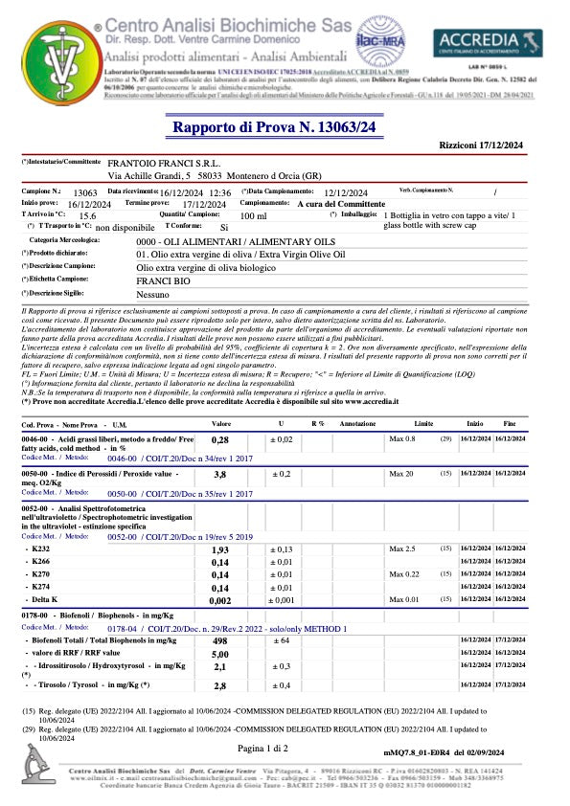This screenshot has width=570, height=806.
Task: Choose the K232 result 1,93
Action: pyautogui.click(x=219, y=550)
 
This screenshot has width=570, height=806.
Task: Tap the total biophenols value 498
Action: pyautogui.click(x=219, y=639)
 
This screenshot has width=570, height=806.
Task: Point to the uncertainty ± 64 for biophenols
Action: pyautogui.click(x=281, y=639)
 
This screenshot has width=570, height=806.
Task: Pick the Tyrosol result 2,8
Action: pyautogui.click(x=219, y=686)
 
